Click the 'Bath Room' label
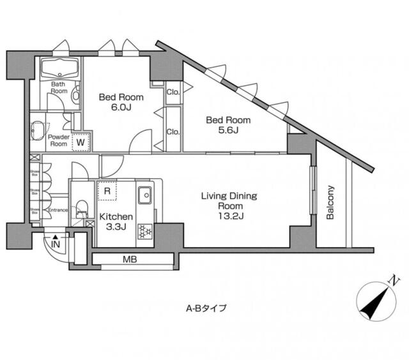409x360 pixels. point(58,87)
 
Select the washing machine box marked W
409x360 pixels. point(81,142)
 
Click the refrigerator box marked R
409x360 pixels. point(107,190)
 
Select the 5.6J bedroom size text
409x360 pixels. point(228,131)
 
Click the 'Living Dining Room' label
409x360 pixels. point(230,201)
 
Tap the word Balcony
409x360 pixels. point(330,202)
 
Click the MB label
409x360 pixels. point(130,260)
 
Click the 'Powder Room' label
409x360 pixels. point(59,140)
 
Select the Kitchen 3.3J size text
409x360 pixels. point(116,226)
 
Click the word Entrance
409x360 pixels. point(58,210)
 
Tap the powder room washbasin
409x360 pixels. point(37,131)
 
